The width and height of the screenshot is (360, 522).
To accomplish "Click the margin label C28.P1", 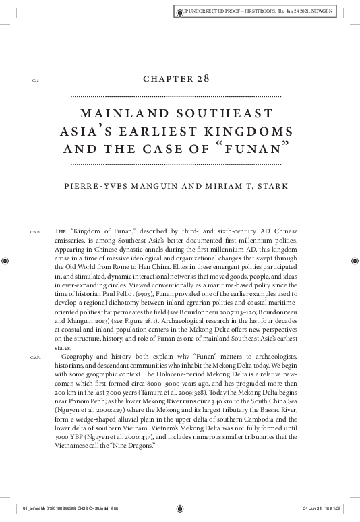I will [x=35, y=231].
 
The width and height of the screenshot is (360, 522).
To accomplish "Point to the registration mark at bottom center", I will [x=180, y=509].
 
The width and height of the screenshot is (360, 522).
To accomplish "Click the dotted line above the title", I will [x=179, y=96].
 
